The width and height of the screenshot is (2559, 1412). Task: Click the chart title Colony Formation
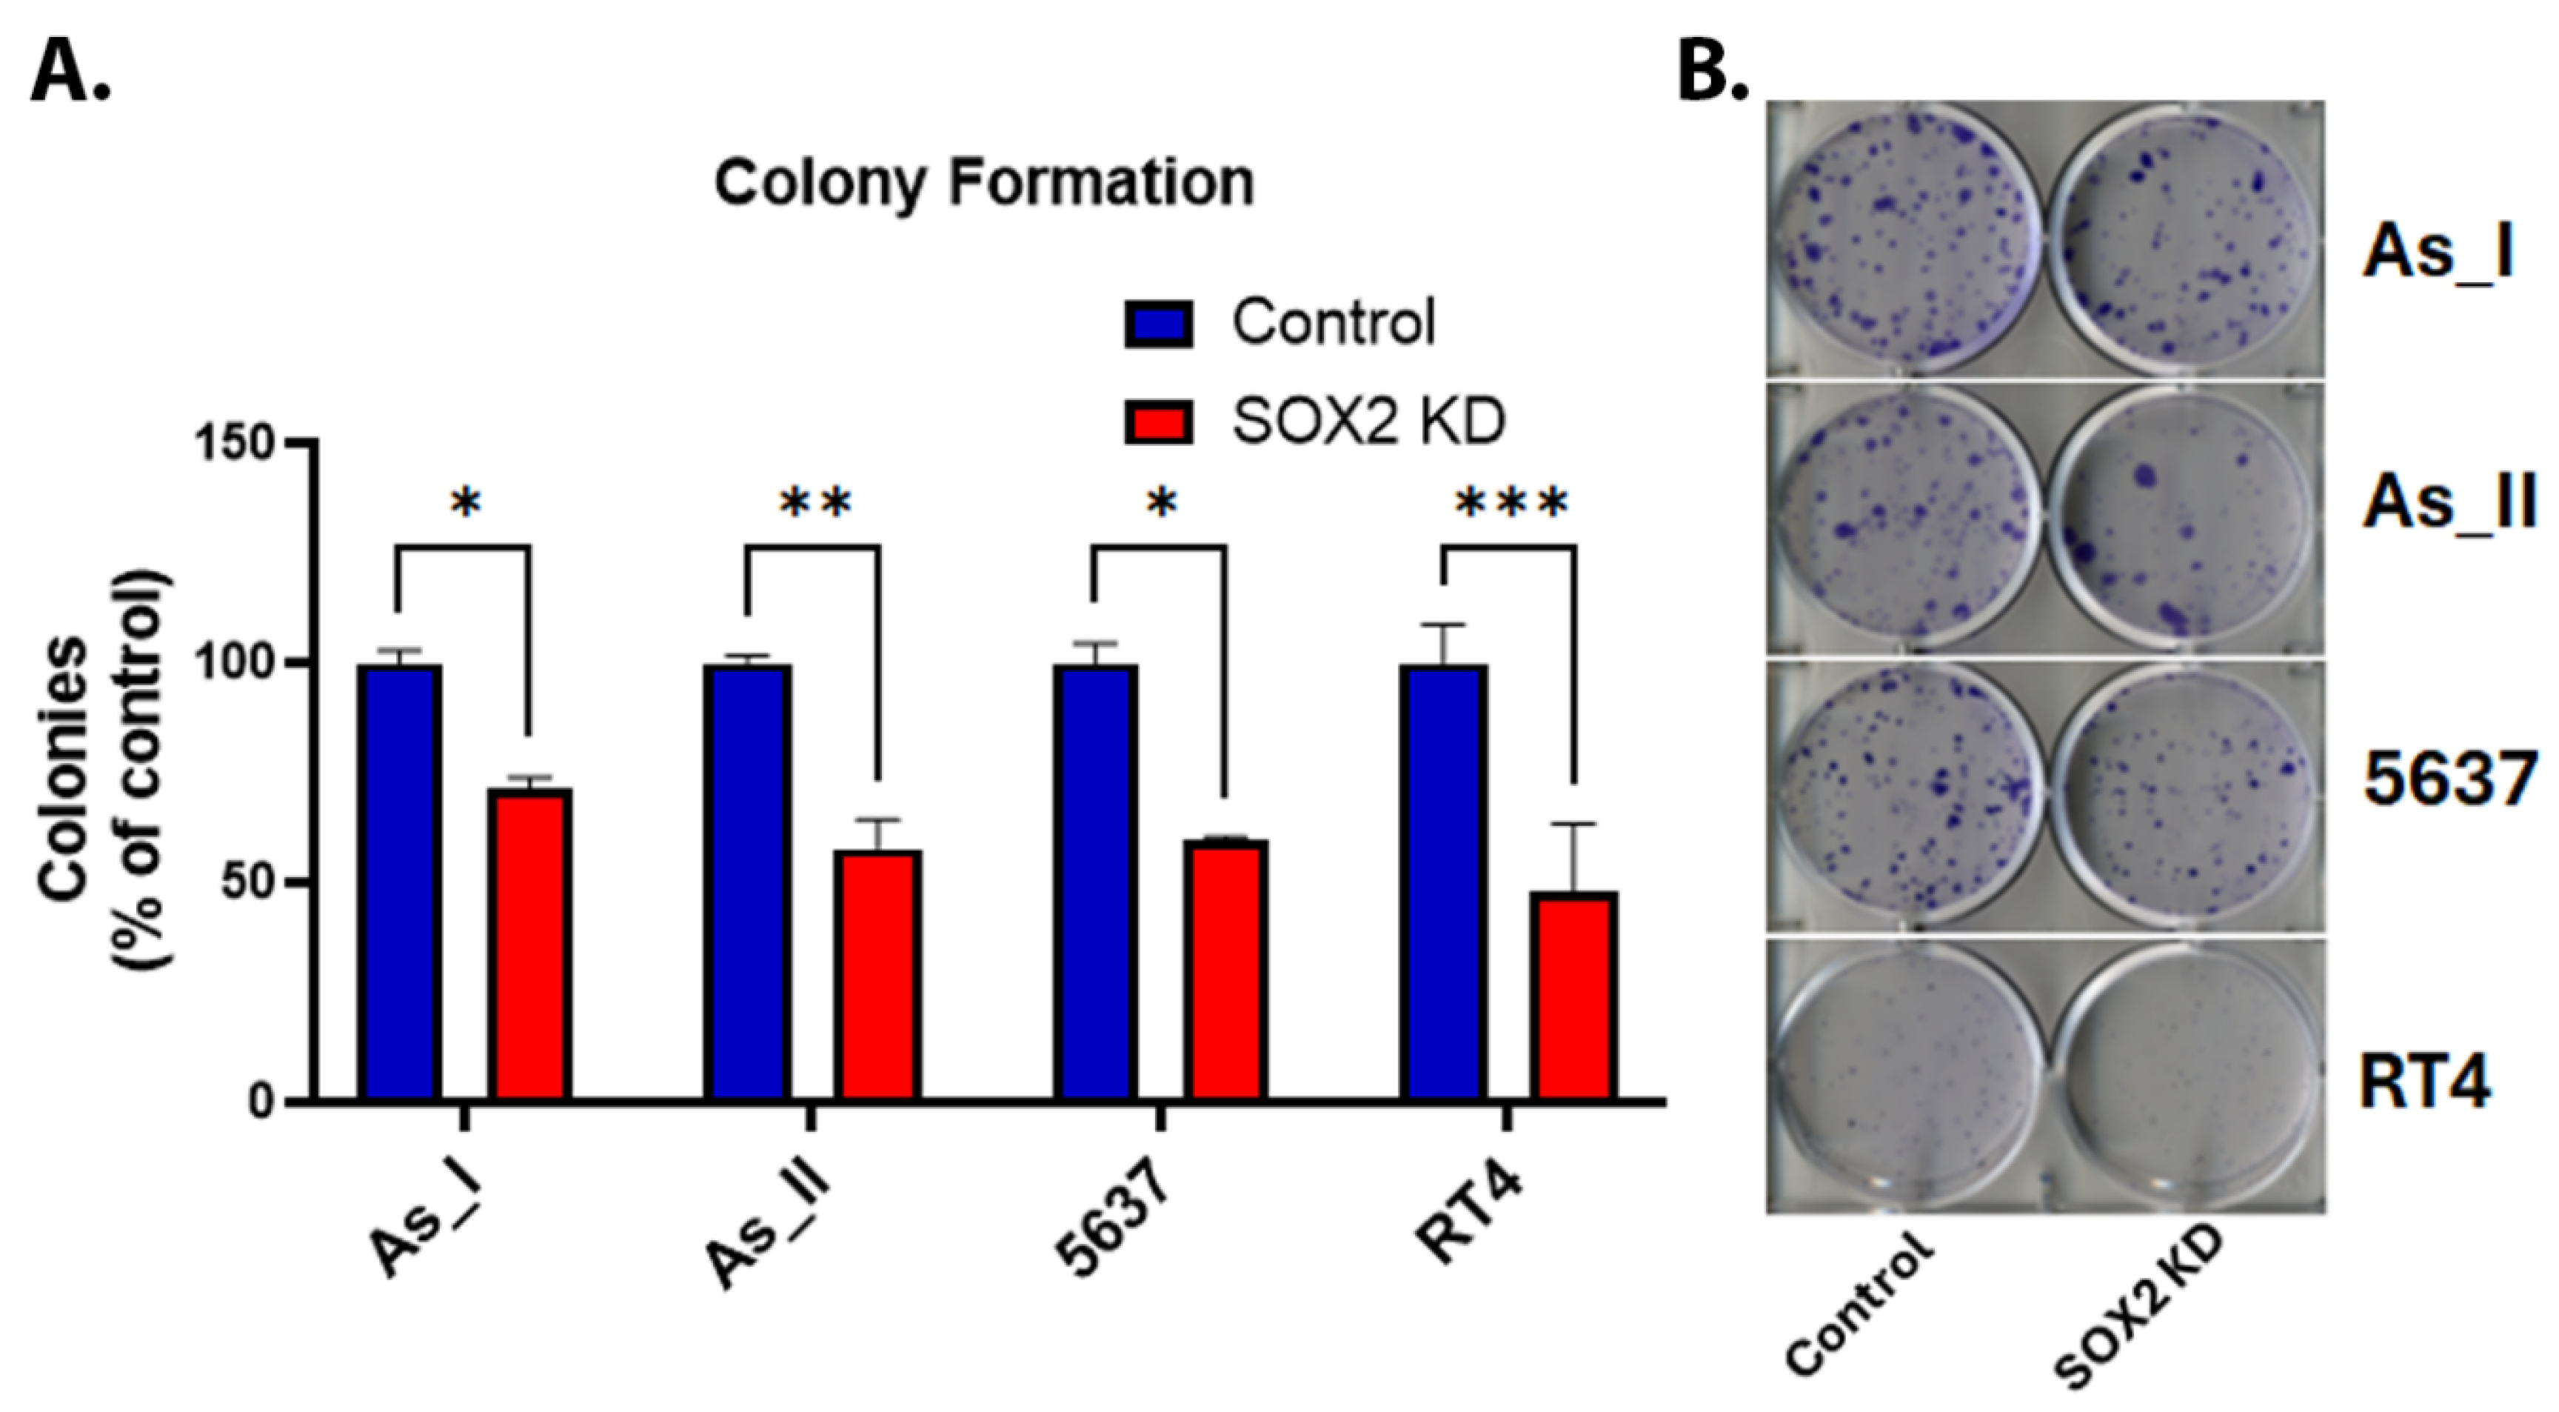tap(983, 184)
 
